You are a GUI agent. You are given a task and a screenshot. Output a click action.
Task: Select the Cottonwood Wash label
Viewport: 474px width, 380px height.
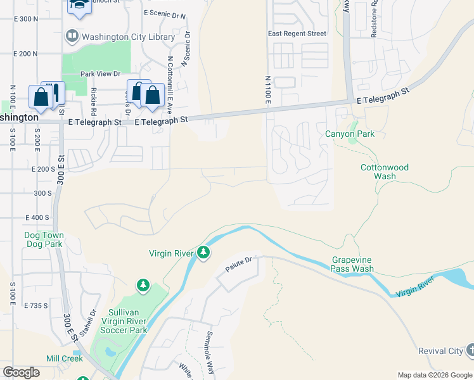[x=385, y=172]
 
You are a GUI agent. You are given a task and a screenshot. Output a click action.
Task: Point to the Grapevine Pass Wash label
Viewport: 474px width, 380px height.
[x=352, y=264]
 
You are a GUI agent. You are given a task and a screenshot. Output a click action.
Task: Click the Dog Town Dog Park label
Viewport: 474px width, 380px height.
[x=44, y=239]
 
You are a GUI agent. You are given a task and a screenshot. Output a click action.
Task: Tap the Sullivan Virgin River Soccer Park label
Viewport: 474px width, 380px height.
[x=119, y=320]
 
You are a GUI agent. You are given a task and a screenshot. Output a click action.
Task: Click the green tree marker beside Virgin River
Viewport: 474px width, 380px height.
[x=203, y=253]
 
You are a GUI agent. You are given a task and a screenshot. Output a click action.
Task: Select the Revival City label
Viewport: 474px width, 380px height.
[x=440, y=351]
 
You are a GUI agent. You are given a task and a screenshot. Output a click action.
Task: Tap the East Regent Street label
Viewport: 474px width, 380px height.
[x=297, y=34]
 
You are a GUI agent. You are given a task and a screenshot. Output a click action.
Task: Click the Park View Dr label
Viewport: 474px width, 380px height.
[x=100, y=74]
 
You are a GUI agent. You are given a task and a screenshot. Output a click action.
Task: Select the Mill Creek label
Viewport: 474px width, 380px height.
[x=64, y=358]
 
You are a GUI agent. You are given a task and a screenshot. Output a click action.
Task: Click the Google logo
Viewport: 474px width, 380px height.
[x=22, y=372]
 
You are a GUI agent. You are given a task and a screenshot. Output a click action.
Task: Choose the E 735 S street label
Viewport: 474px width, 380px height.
[x=36, y=305]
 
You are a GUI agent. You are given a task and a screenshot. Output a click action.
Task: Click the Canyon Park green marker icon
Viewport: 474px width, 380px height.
[x=353, y=139]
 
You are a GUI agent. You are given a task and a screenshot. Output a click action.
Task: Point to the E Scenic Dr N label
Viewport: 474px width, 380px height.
[x=165, y=14]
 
